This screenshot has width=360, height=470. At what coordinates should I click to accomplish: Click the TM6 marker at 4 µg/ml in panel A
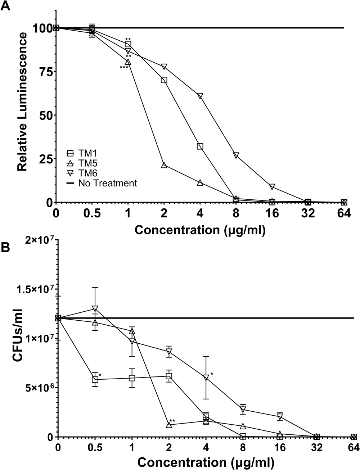200,96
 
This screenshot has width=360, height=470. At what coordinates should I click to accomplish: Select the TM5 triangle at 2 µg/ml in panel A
164,165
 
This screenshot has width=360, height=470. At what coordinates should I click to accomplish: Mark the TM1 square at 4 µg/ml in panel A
200,146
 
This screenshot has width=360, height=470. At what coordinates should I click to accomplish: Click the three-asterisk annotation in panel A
124,67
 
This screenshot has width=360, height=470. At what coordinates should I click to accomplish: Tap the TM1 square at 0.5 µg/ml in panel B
95,379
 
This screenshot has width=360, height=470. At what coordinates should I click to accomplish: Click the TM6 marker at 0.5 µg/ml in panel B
95,309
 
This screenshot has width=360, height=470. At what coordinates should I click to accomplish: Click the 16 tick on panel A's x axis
272,213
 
